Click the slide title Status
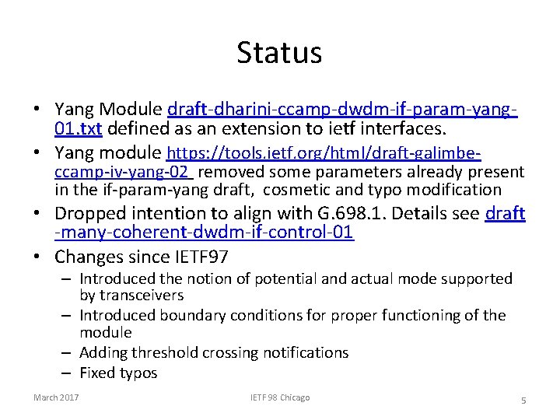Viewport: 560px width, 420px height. [x=279, y=53]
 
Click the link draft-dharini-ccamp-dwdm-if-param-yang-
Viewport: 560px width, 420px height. [x=343, y=109]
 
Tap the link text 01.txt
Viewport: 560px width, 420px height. [x=79, y=128]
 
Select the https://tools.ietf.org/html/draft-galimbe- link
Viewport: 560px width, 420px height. [x=324, y=152]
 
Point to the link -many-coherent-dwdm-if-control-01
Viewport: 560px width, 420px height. [x=205, y=233]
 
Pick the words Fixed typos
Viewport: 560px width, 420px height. [x=118, y=373]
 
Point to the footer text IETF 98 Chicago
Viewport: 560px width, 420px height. [x=279, y=398]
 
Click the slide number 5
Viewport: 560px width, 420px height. [x=523, y=400]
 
